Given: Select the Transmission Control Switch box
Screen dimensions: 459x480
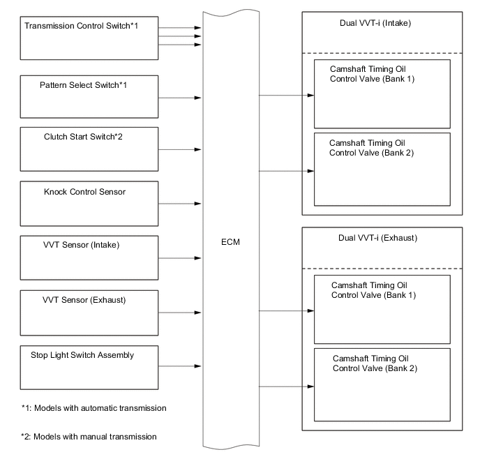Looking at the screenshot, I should click(x=90, y=38).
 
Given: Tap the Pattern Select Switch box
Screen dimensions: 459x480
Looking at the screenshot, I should click(x=90, y=97).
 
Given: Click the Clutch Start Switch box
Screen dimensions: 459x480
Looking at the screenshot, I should click(x=90, y=149).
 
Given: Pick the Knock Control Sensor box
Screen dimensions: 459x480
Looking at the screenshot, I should click(x=90, y=204).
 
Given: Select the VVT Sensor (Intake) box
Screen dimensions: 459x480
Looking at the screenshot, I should click(x=90, y=258).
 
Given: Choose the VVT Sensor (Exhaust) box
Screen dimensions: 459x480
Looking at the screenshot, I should click(x=90, y=313).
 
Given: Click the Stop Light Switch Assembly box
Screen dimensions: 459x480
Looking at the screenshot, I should click(x=90, y=367).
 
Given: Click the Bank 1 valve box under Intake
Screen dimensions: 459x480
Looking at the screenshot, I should click(x=382, y=93).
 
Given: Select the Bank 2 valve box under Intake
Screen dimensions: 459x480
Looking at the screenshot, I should click(x=382, y=169).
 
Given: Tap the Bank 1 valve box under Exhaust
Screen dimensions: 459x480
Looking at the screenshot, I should click(x=382, y=308).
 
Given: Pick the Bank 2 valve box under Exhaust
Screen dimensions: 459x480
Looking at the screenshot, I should click(x=382, y=384).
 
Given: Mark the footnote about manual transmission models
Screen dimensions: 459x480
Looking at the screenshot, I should click(x=89, y=437).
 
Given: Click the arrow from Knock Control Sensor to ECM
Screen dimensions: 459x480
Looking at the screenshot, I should click(x=181, y=204).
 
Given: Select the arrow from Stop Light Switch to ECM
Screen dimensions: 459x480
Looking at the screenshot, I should click(x=181, y=366).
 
